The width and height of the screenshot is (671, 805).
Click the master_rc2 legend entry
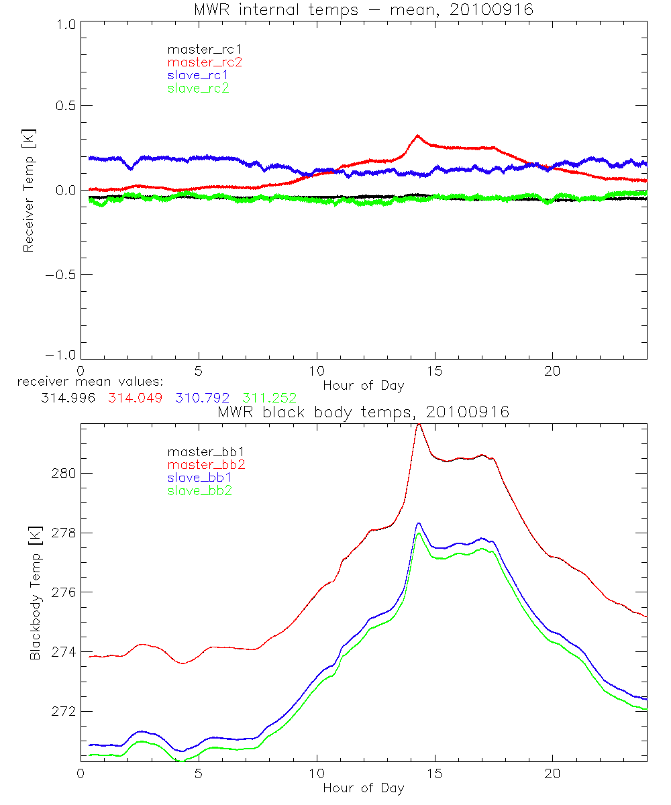tap(205, 62)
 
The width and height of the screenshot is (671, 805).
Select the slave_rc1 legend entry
tap(199, 75)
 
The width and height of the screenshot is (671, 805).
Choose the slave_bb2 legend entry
tap(201, 491)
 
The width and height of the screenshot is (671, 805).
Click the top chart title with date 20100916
tap(363, 9)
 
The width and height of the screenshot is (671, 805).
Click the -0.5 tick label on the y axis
tap(61, 275)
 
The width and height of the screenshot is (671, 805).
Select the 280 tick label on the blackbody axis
tap(64, 473)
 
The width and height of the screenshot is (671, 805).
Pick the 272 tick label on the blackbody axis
tap(64, 711)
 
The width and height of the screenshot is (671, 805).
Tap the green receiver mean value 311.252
tap(269, 398)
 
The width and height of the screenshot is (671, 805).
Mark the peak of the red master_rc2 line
tap(417, 136)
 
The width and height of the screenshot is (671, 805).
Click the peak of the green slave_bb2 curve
tap(418, 533)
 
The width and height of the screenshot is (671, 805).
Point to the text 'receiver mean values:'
tap(85, 382)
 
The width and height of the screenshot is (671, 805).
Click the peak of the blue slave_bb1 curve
tap(418, 523)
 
